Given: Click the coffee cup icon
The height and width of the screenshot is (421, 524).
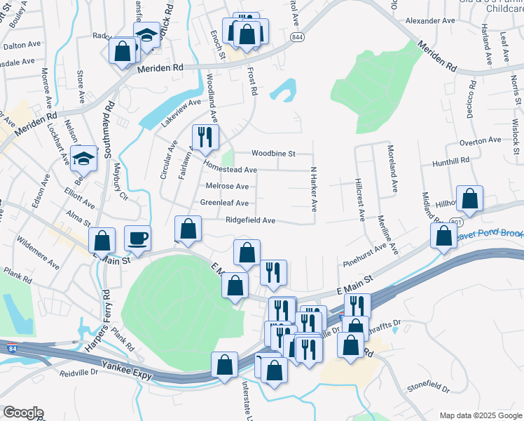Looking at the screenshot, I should click(x=137, y=238).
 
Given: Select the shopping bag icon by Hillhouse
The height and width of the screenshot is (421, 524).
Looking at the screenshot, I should click(x=470, y=199).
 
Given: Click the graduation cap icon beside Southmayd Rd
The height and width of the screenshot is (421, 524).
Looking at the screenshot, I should click(x=84, y=158).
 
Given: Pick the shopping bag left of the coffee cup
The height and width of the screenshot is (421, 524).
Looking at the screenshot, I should click(x=102, y=241).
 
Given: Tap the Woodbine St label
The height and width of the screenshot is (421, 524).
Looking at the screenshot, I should click(x=274, y=153).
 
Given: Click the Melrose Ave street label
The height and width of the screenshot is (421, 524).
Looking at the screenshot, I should click(x=227, y=186).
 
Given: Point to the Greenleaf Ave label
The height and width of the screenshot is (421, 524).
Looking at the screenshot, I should click(x=224, y=203).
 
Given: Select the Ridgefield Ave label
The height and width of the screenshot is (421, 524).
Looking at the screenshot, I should click(x=250, y=220).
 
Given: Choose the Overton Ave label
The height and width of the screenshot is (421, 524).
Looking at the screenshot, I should click(x=481, y=140).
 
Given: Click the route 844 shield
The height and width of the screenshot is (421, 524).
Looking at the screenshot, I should click(x=298, y=37).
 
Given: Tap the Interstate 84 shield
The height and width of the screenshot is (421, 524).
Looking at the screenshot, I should click(x=13, y=347).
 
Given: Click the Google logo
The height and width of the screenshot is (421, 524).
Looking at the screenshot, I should click(x=22, y=413).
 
